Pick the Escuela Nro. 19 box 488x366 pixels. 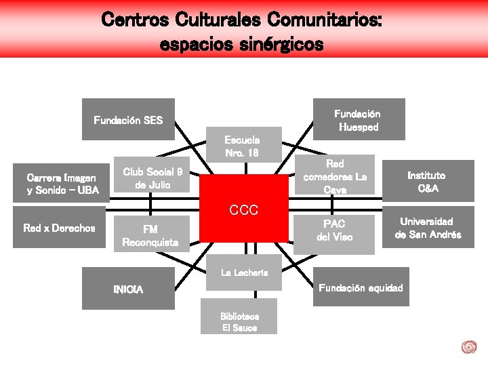tap(242, 144)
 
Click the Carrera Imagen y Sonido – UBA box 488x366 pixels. tap(62, 183)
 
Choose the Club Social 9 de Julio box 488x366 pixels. tap(152, 178)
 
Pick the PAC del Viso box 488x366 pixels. tap(334, 230)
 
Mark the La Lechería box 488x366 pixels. tap(243, 272)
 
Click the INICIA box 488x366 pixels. tap(128, 289)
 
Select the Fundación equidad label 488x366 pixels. tap(361, 288)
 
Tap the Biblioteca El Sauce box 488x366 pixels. tap(239, 322)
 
